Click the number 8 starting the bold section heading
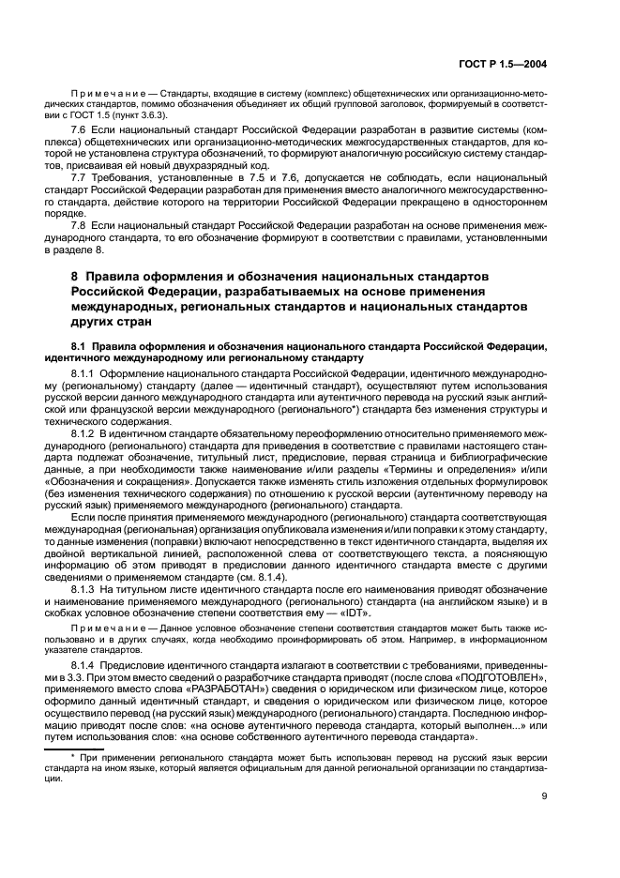pyautogui.click(x=75, y=278)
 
